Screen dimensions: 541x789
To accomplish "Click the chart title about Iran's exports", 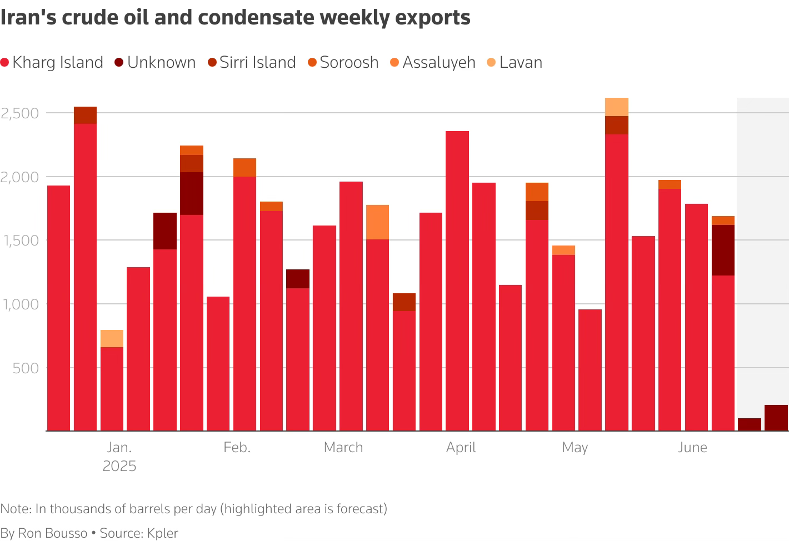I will (235, 18).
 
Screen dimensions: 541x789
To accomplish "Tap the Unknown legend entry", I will (155, 62).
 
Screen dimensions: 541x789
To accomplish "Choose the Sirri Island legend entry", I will (252, 62).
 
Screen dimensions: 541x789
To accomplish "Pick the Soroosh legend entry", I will (343, 62).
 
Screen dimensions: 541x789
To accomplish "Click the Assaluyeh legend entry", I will (433, 62).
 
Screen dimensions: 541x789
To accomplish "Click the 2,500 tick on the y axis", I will (19, 113).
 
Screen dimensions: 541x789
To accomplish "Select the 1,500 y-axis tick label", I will (20, 241).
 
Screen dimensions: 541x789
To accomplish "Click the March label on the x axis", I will (343, 448).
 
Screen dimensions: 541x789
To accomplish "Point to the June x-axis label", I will (692, 448).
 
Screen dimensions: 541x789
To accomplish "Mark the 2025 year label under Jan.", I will (119, 466).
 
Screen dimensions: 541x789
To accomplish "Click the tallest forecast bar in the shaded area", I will (776, 418).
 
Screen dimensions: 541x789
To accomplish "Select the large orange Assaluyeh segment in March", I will (377, 222).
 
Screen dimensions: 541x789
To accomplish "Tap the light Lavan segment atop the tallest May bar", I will (617, 107).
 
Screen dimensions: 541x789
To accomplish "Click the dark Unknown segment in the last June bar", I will (723, 250).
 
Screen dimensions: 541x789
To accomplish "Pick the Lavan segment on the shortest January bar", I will (112, 338).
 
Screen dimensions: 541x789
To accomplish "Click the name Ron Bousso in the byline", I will (53, 533).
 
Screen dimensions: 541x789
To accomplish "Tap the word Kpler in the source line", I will (162, 533).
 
